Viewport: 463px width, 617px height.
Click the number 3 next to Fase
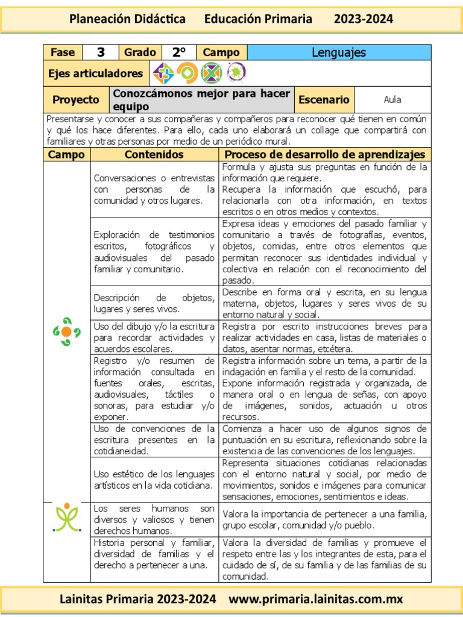tap(101, 52)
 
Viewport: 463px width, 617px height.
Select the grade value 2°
tap(179, 52)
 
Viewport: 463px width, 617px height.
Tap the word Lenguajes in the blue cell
tap(339, 52)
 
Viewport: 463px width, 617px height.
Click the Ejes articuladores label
tap(95, 74)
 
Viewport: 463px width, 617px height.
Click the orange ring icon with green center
tap(187, 74)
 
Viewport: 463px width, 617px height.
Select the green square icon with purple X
tap(211, 74)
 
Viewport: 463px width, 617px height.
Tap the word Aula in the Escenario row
tap(392, 100)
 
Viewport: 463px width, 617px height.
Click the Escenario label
tap(324, 100)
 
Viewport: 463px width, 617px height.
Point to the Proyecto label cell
tap(76, 100)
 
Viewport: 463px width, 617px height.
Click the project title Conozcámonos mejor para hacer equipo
tap(201, 100)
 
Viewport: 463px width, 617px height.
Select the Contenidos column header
tap(154, 155)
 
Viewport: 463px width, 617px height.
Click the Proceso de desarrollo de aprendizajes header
tap(324, 155)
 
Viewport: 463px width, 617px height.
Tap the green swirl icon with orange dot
tap(66, 331)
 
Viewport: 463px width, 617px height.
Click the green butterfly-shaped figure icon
tap(66, 517)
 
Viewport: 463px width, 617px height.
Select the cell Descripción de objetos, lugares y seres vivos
tap(154, 303)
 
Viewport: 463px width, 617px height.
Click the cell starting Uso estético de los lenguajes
tap(154, 480)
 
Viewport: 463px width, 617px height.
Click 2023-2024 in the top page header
tap(364, 19)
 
